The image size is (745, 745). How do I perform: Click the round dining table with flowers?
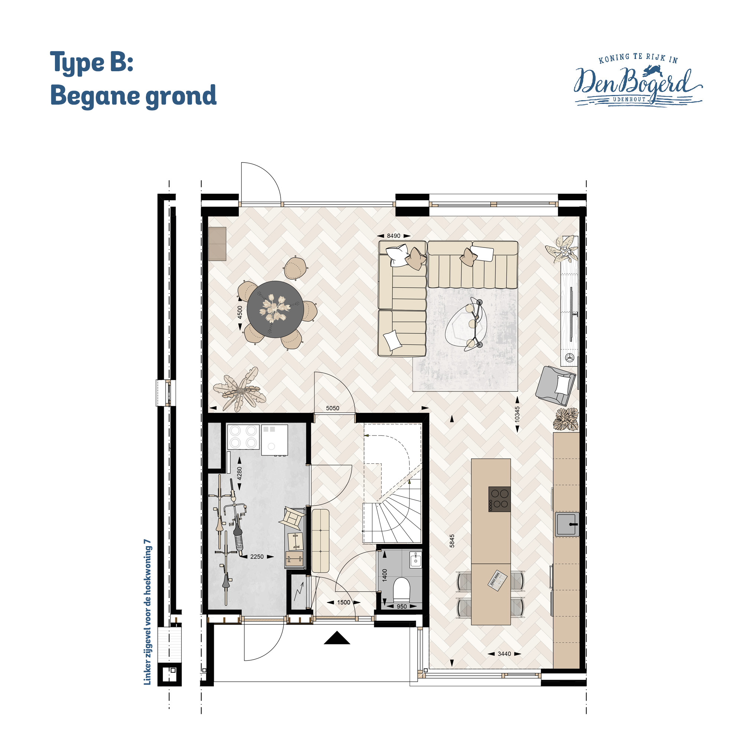click(275, 309)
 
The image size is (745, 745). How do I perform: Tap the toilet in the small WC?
click(401, 589)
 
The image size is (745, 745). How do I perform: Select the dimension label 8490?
click(393, 236)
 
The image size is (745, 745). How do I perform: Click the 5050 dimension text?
click(333, 408)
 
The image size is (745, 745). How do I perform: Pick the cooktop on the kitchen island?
click(499, 499)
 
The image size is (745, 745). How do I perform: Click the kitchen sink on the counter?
click(567, 524)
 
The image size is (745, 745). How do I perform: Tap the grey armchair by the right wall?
click(556, 385)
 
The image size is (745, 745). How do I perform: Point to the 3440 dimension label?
click(504, 654)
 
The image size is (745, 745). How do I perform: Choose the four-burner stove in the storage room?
click(243, 437)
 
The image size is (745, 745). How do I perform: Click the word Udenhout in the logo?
click(629, 99)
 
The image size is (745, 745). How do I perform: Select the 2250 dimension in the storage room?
click(257, 557)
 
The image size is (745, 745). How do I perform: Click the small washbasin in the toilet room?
click(415, 559)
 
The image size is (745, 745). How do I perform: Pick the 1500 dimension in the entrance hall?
click(344, 602)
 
